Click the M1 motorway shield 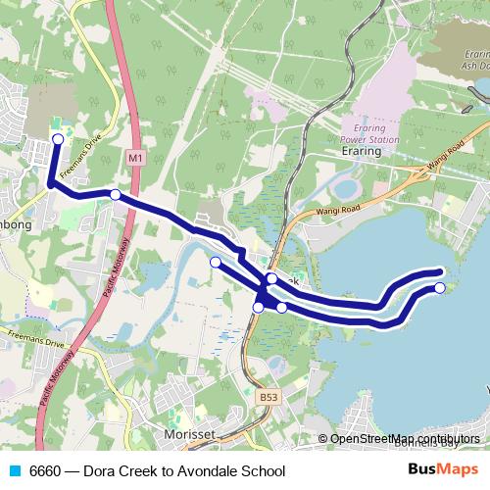click(x=134, y=157)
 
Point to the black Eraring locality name click(x=361, y=154)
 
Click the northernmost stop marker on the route click(x=57, y=139)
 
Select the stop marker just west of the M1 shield click(x=116, y=195)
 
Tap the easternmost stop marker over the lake click(x=440, y=287)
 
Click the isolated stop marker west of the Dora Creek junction click(x=216, y=262)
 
